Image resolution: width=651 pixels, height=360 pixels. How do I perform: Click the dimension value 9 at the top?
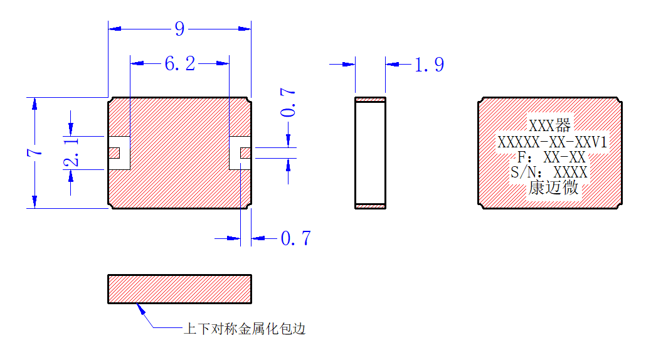point(179,29)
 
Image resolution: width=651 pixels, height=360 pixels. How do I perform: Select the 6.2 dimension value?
point(180,63)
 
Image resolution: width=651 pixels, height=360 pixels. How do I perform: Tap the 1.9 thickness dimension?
point(429,65)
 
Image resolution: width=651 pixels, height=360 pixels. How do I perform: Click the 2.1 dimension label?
point(71,152)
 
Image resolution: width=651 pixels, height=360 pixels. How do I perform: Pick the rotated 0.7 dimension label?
point(288,102)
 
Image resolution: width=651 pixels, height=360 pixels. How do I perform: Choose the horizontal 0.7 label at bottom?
point(295,238)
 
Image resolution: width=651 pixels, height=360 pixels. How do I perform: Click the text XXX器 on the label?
point(549,125)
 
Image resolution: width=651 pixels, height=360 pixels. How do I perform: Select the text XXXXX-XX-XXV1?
point(552,142)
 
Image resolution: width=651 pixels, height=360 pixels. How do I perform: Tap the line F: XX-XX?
point(551,157)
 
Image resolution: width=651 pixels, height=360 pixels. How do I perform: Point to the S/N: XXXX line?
point(549,172)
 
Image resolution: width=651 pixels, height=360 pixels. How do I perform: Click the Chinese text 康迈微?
point(553,188)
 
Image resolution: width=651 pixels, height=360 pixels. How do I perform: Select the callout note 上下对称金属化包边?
point(245,329)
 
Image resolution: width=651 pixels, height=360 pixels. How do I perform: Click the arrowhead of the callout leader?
point(137,304)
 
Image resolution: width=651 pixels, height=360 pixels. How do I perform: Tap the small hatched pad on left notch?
point(114,153)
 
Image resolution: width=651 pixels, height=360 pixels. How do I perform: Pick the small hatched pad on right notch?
point(245,153)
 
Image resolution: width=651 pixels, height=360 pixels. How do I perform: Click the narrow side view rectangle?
point(370,153)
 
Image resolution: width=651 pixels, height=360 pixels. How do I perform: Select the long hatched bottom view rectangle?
point(180,289)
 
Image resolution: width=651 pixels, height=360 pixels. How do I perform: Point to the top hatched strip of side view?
point(370,100)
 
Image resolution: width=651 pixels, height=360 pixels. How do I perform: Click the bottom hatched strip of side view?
point(370,206)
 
